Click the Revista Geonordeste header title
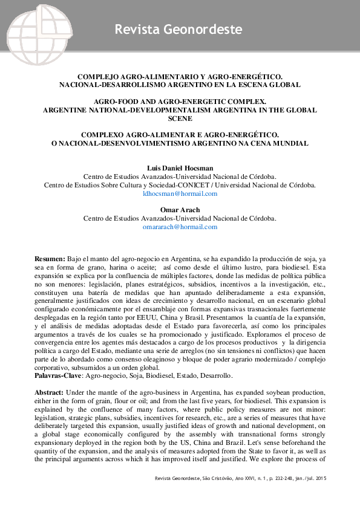(178, 29)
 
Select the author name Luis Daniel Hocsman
(179, 167)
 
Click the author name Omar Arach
(179, 210)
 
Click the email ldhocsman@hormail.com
(180, 193)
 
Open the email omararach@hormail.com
(180, 227)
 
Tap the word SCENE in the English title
(180, 120)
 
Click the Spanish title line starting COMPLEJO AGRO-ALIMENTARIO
(180, 77)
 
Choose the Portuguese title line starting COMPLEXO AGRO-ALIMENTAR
(180, 135)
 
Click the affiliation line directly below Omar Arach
(180, 218)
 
